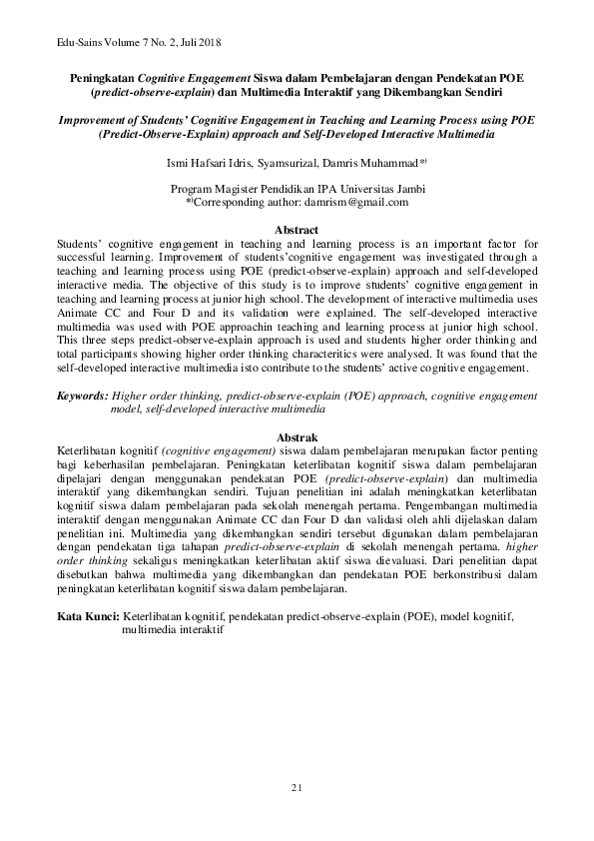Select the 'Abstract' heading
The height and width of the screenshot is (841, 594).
[297, 230]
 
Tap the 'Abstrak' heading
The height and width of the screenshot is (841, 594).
[297, 437]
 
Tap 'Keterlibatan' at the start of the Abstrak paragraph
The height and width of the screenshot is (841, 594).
[89, 450]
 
